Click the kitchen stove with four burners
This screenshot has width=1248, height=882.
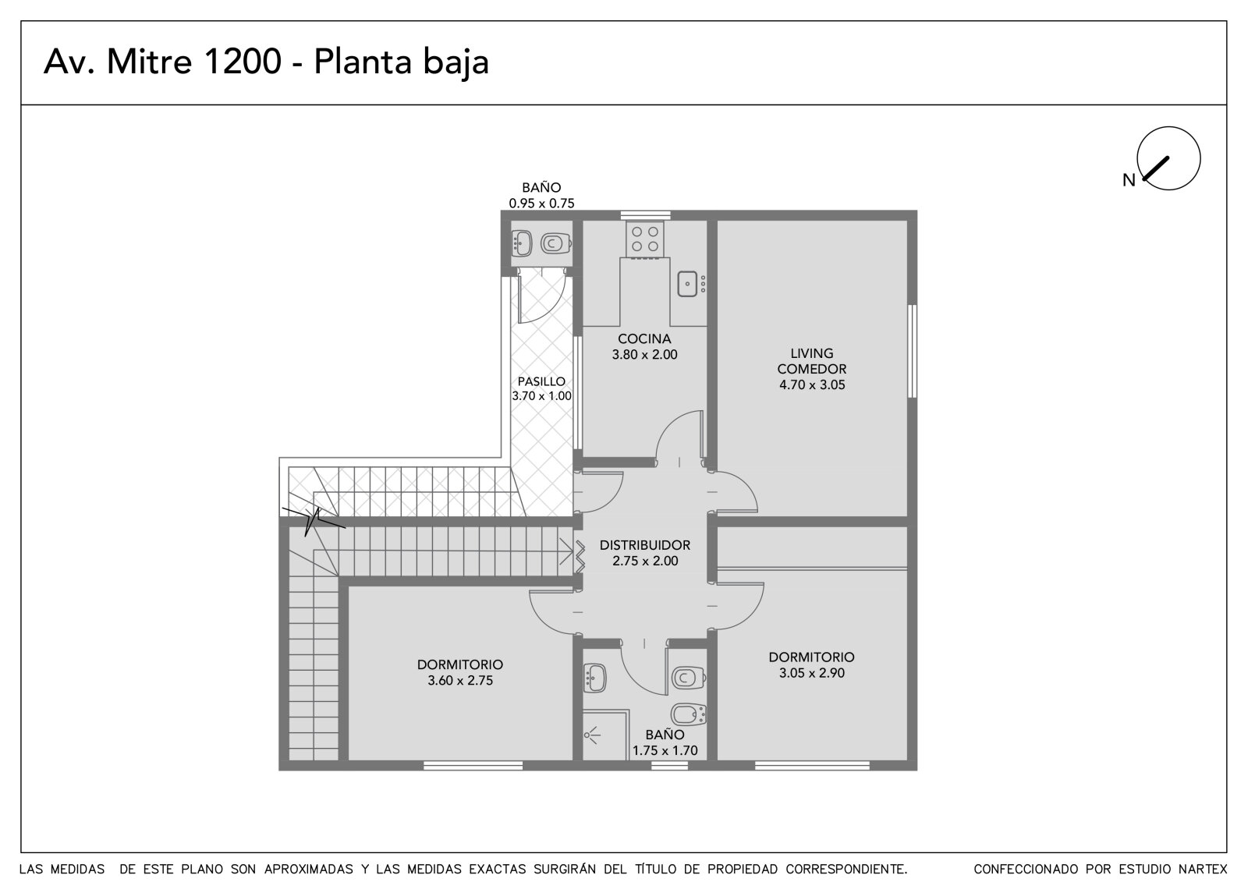coord(644,239)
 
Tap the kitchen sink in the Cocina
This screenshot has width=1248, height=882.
coord(687,284)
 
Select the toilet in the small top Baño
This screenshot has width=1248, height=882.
coord(555,243)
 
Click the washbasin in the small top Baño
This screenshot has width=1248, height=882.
coord(522,243)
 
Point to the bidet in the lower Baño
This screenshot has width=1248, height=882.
coord(690,714)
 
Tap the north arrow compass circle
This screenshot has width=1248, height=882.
coord(1168,158)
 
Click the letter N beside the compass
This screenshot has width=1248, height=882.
coord(1129,180)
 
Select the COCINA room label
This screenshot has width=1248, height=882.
coord(644,338)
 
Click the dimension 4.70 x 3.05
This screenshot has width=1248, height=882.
coord(812,384)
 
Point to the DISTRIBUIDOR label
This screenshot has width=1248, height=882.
coord(644,545)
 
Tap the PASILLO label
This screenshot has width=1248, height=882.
coord(541,381)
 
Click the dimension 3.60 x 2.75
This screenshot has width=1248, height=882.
coord(460,680)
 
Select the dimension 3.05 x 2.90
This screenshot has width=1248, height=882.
coord(812,672)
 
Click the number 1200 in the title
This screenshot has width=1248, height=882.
coord(243,62)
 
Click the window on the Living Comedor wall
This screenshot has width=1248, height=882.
coord(912,351)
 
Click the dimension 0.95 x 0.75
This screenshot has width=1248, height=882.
coord(541,204)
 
